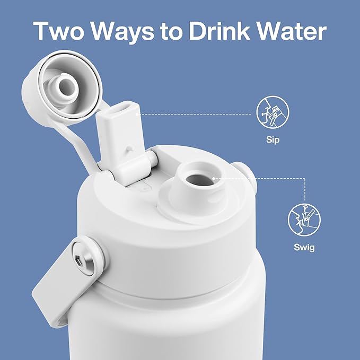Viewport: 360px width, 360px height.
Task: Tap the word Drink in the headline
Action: (219, 31)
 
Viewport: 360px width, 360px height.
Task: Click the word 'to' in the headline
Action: (171, 32)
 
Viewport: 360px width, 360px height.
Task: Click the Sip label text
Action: (273, 139)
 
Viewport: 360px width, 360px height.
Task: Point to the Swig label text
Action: (304, 248)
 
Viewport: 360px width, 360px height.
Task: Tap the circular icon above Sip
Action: (273, 112)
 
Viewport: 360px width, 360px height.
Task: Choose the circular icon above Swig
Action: (304, 219)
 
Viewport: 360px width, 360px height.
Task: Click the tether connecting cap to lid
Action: (76, 140)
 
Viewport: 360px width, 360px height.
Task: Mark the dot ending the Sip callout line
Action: (137, 114)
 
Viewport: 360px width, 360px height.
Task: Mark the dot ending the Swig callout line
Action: (214, 178)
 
